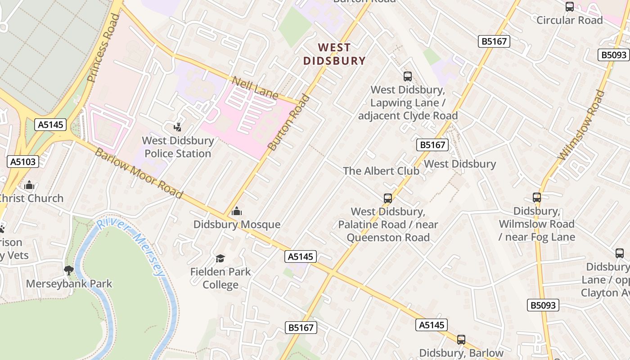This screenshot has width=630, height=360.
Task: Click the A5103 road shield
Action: point(23,162)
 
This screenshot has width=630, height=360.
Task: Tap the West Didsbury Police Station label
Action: point(178,147)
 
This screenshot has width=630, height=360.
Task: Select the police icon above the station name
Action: point(178,127)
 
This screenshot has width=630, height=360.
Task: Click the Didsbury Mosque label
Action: point(237,225)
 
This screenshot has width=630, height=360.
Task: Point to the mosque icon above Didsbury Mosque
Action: point(236,211)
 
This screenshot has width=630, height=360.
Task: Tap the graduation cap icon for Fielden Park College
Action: point(220,258)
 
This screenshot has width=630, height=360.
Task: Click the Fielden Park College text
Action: point(220,278)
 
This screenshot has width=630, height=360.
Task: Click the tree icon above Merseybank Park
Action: point(69,270)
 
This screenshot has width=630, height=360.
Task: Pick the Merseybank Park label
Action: point(69,284)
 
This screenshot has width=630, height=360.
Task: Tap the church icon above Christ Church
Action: point(29,185)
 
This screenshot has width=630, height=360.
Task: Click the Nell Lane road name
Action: point(255,88)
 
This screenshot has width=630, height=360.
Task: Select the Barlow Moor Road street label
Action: point(139,173)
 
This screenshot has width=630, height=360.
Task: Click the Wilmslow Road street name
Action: point(581,125)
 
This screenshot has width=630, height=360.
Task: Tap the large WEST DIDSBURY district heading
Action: point(334,54)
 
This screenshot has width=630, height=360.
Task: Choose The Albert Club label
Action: point(381,171)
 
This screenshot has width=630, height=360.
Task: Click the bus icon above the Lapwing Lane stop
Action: point(408,76)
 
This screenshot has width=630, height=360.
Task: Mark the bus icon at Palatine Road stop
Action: point(387,198)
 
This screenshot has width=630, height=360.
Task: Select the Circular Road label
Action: point(569,20)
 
